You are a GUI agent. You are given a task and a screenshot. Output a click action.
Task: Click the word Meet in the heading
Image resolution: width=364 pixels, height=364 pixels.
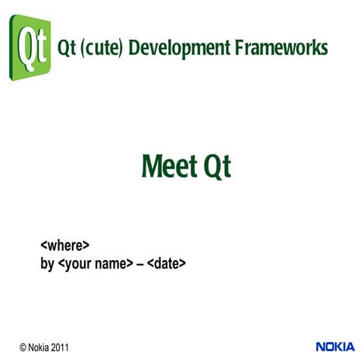pyautogui.click(x=168, y=166)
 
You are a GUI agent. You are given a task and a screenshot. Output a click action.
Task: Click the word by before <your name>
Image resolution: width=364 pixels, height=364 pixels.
pyautogui.click(x=47, y=265)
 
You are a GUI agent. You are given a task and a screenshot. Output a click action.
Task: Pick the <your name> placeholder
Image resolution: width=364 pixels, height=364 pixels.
pyautogui.click(x=95, y=265)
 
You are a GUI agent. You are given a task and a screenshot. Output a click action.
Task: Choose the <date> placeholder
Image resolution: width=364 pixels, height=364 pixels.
pyautogui.click(x=167, y=265)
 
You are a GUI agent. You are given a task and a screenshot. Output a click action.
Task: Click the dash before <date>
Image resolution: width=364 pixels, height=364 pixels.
pyautogui.click(x=141, y=265)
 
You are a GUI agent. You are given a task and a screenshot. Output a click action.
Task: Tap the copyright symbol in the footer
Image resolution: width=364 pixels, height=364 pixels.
pyautogui.click(x=23, y=347)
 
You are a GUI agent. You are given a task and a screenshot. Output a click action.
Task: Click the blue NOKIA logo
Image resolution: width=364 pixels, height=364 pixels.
pyautogui.click(x=334, y=347)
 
